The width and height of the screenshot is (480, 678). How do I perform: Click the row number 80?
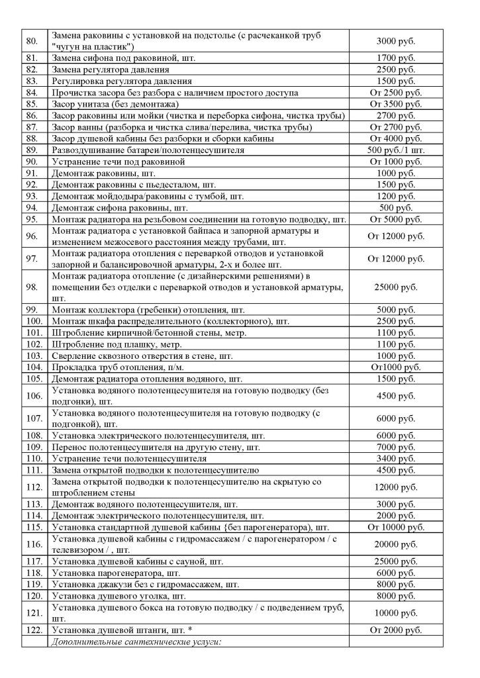[x=30, y=40]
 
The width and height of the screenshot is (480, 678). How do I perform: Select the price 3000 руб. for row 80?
[x=395, y=40]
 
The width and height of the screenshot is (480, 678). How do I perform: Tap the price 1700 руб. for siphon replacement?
[x=395, y=58]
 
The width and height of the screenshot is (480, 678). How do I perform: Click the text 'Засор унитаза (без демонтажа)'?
[x=117, y=104]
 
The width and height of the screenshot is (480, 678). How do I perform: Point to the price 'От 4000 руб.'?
[x=395, y=138]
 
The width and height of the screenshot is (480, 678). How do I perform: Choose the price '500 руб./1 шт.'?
[x=395, y=150]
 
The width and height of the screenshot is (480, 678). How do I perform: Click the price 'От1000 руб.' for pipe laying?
[x=395, y=367]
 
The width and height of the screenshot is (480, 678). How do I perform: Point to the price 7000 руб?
[x=395, y=447]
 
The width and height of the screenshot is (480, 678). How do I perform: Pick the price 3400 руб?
[x=395, y=458]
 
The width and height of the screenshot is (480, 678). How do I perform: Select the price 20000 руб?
[x=395, y=544]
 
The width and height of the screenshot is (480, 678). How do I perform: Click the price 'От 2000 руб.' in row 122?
[x=395, y=629]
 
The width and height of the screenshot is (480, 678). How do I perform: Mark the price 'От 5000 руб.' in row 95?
[x=395, y=218]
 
